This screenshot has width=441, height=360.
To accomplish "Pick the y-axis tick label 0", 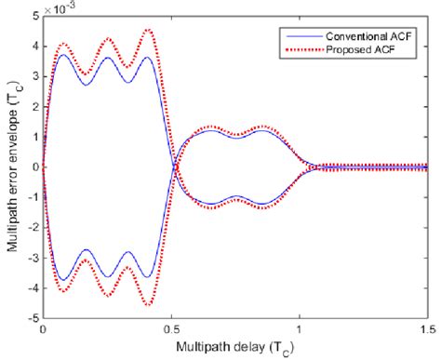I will (x=33, y=168).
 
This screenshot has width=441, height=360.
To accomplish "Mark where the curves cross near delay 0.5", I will (x=176, y=167).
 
